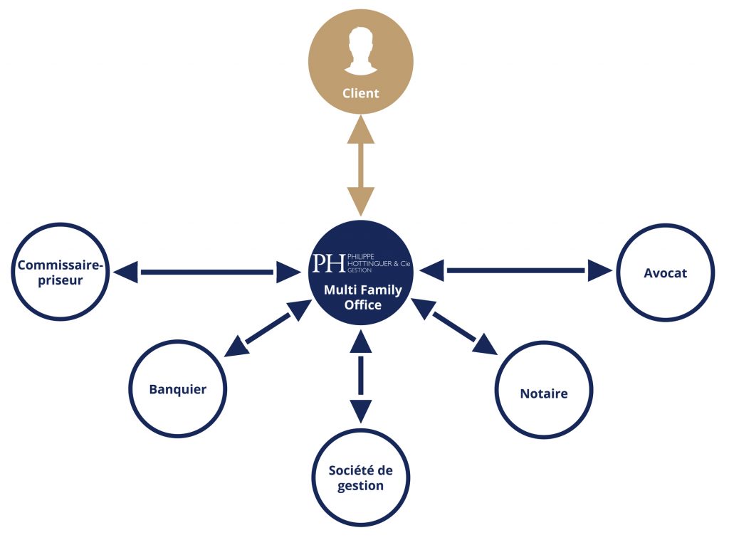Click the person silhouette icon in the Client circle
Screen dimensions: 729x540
point(360,51)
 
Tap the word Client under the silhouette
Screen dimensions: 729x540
point(361,93)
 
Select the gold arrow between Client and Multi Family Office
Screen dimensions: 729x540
point(361,166)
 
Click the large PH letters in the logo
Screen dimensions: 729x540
point(329,263)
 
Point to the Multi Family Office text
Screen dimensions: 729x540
point(362,297)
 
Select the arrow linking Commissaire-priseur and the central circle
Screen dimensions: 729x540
point(207,272)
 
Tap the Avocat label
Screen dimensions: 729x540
point(665,273)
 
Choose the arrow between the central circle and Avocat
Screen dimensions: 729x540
point(515,270)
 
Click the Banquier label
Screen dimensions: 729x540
point(177,389)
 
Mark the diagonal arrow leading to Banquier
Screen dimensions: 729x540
point(268,329)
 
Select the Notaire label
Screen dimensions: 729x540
point(543,394)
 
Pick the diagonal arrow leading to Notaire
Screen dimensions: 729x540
point(454,327)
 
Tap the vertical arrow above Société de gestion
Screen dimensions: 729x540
point(361,376)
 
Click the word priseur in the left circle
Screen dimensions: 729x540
point(61,281)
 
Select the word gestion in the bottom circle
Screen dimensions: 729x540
point(360,486)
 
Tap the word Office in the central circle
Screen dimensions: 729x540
point(362,305)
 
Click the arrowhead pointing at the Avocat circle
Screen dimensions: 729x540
point(600,270)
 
